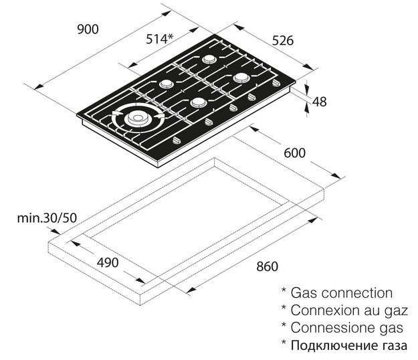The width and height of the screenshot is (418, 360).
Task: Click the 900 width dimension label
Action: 88,29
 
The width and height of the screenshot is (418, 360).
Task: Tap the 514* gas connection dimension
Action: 160,39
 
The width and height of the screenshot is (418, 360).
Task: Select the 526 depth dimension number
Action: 283,41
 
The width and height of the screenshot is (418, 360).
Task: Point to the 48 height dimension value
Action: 320,102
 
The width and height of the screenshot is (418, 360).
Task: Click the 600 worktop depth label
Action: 294,153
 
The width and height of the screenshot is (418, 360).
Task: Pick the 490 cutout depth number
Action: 108,262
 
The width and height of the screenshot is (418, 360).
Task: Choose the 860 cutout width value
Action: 267,266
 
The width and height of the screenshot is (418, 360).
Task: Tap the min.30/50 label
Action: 47,218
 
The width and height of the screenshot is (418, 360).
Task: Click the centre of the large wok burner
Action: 138,118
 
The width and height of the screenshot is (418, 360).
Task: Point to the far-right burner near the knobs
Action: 242,78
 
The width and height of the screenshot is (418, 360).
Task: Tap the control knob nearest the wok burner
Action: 177,141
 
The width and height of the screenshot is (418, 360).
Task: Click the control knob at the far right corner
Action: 276,83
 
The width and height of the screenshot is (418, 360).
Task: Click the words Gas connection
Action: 342,293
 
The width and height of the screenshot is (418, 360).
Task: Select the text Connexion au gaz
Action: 349,311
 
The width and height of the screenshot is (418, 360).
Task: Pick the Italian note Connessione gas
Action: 347,328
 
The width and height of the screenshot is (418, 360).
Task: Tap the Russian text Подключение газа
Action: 349,346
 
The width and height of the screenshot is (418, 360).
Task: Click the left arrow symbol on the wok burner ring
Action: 117,113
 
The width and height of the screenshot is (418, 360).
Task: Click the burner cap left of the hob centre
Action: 167,84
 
